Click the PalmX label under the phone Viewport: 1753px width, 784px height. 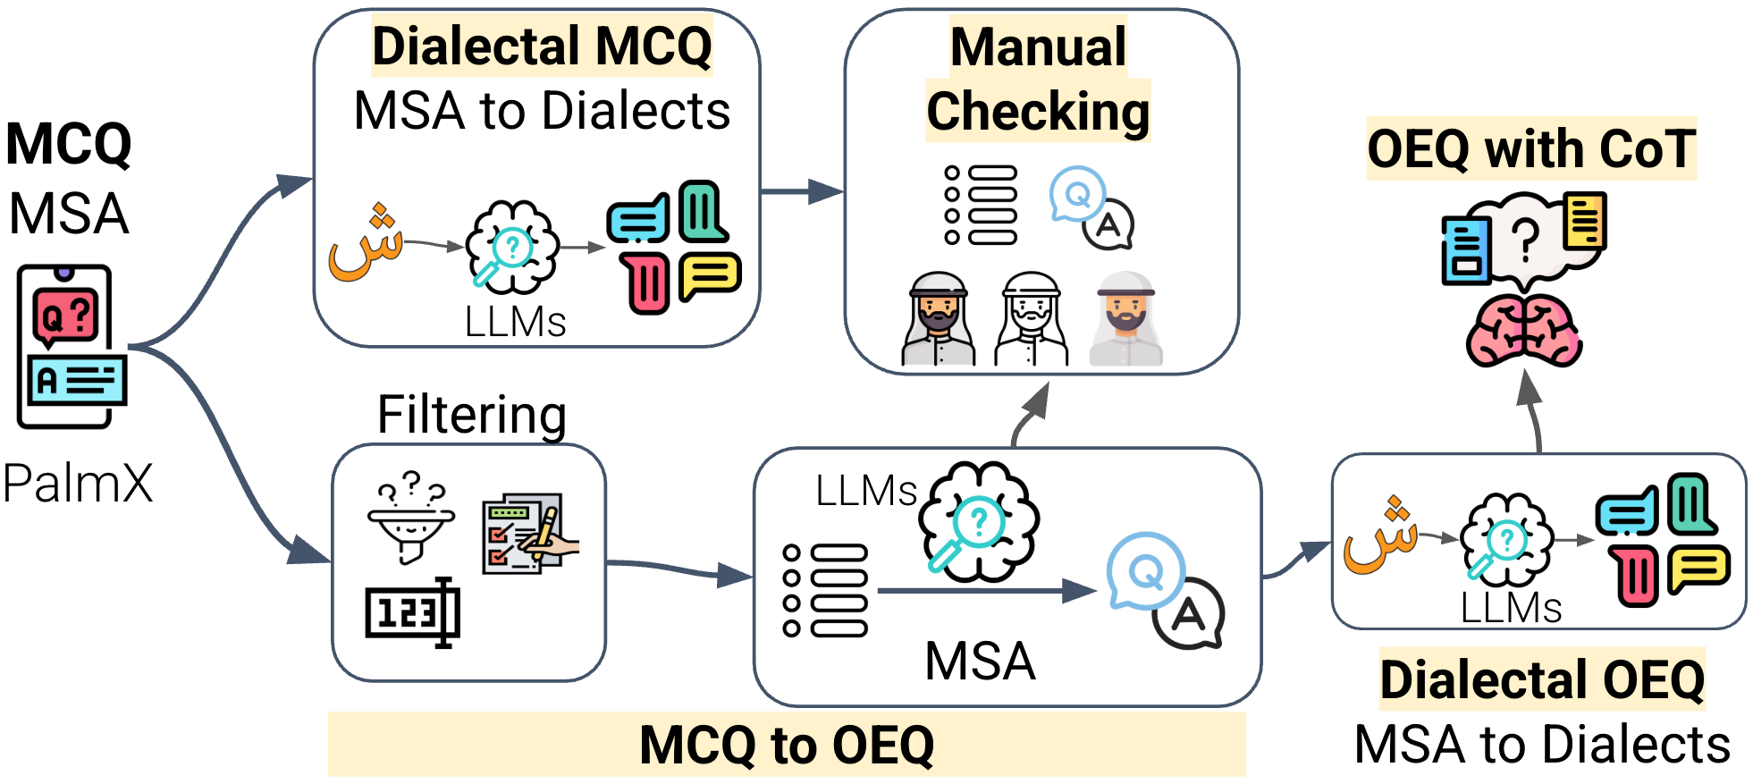coord(78,484)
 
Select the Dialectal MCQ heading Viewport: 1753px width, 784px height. coord(542,46)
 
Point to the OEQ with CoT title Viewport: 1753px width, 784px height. coord(1530,148)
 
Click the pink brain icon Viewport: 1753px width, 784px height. coord(1524,331)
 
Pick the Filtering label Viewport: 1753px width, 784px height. coord(472,415)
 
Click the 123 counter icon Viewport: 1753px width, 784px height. coord(413,612)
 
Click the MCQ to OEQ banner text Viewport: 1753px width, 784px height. coord(787,745)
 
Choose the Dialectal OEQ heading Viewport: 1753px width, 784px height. coord(1542,679)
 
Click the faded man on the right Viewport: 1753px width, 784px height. coord(1126,319)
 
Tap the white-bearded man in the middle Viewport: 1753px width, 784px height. coord(1032,319)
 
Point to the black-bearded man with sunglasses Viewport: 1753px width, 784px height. coord(938,319)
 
